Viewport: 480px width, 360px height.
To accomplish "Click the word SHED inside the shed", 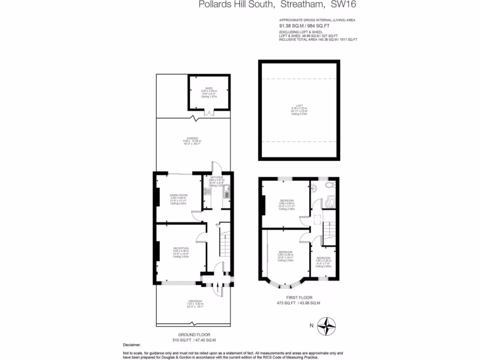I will (x=209, y=88).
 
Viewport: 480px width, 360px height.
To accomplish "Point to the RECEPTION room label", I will (x=180, y=248).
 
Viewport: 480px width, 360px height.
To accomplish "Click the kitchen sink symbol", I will (x=226, y=191).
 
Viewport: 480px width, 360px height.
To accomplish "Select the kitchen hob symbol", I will (x=208, y=191).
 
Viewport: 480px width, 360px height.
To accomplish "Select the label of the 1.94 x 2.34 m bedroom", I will (x=323, y=258).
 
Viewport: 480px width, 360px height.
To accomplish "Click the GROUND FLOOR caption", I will (x=194, y=335).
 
